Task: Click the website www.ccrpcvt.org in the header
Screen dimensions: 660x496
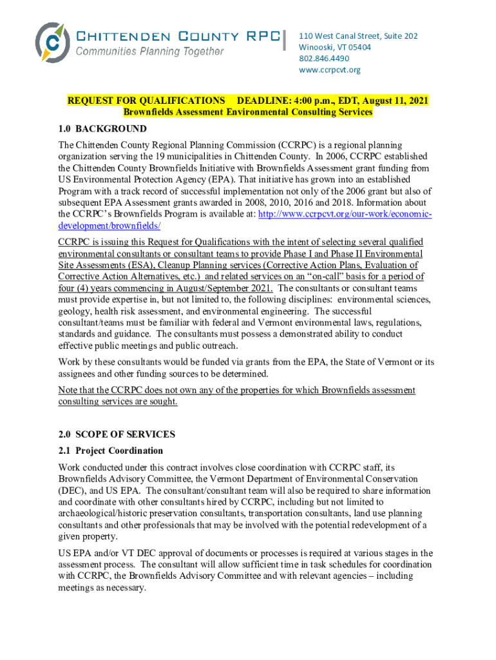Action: coord(329,70)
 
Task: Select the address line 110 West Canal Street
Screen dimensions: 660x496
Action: coord(358,36)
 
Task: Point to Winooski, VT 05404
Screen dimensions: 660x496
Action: coord(334,47)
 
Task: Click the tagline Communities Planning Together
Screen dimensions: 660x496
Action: coord(150,51)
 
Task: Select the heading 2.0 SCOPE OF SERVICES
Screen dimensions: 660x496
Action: coord(116,434)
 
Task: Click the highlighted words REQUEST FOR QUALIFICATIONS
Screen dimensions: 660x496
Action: coord(146,101)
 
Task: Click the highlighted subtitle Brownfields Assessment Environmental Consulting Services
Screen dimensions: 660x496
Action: coord(247,112)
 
